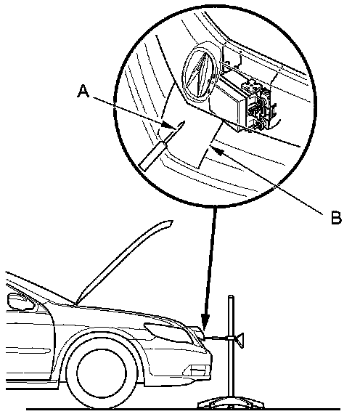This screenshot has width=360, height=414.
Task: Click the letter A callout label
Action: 83,91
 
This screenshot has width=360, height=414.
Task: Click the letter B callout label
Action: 336,217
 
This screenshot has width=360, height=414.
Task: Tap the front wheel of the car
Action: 102,373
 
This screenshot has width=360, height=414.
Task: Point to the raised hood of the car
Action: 124,261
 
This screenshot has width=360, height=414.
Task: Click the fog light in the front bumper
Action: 197,370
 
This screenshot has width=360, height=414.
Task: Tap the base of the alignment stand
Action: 230,403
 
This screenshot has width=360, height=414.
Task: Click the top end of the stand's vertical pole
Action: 232,296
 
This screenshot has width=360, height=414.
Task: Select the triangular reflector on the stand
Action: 240,340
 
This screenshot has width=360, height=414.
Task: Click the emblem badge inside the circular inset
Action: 200,73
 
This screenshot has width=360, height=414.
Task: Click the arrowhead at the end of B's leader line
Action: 217,150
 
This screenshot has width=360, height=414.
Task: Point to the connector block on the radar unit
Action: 260,105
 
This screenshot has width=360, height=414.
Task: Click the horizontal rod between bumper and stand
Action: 216,338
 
